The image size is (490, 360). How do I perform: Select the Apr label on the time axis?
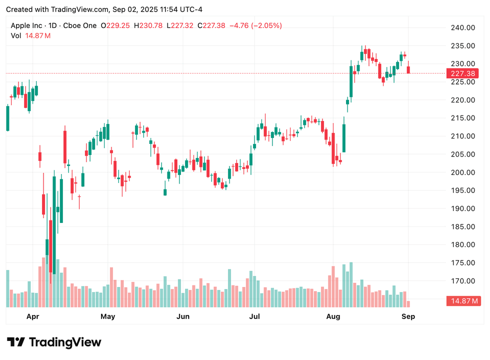[32, 316]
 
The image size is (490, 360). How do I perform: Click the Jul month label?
[255, 316]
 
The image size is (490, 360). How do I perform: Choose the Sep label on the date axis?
[408, 316]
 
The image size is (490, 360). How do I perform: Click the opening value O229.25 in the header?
[117, 25]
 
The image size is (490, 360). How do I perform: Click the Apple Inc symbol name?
[27, 25]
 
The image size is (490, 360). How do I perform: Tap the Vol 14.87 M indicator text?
[30, 35]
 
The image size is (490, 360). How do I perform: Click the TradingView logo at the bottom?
[54, 342]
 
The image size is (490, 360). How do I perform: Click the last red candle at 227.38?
[408, 68]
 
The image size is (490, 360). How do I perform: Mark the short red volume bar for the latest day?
[408, 303]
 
